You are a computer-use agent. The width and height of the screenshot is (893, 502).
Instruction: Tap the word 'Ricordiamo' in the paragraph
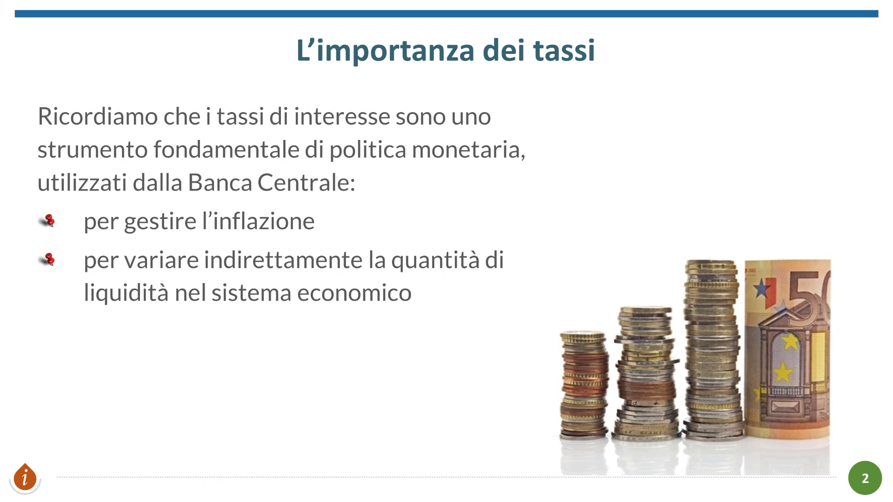coord(97,116)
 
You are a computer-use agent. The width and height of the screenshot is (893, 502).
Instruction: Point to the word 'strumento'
coord(93,150)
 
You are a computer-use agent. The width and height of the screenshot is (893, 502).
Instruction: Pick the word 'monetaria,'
coord(468,150)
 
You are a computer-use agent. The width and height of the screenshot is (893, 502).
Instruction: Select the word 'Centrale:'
coord(307,183)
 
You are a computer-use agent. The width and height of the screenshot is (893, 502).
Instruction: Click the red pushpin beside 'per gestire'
coord(47,220)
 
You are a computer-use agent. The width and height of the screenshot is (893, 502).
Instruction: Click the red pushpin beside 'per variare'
coord(47,259)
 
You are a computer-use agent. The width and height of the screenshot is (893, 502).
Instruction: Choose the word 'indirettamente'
coord(283,260)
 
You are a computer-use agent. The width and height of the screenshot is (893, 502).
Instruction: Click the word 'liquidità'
coord(126,293)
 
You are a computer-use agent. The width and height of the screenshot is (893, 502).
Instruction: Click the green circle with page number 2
coord(865,478)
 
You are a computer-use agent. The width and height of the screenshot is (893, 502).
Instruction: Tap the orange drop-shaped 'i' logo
coord(25,477)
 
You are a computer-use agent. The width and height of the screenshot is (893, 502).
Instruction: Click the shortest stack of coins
coord(584,384)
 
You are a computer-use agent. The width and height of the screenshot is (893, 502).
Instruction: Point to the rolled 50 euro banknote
coord(787,349)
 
